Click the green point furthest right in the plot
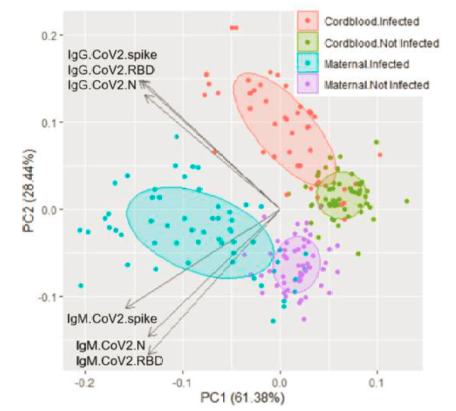407,202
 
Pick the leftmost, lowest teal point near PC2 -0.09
81,286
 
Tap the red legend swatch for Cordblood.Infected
308,23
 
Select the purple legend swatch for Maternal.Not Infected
308,84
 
